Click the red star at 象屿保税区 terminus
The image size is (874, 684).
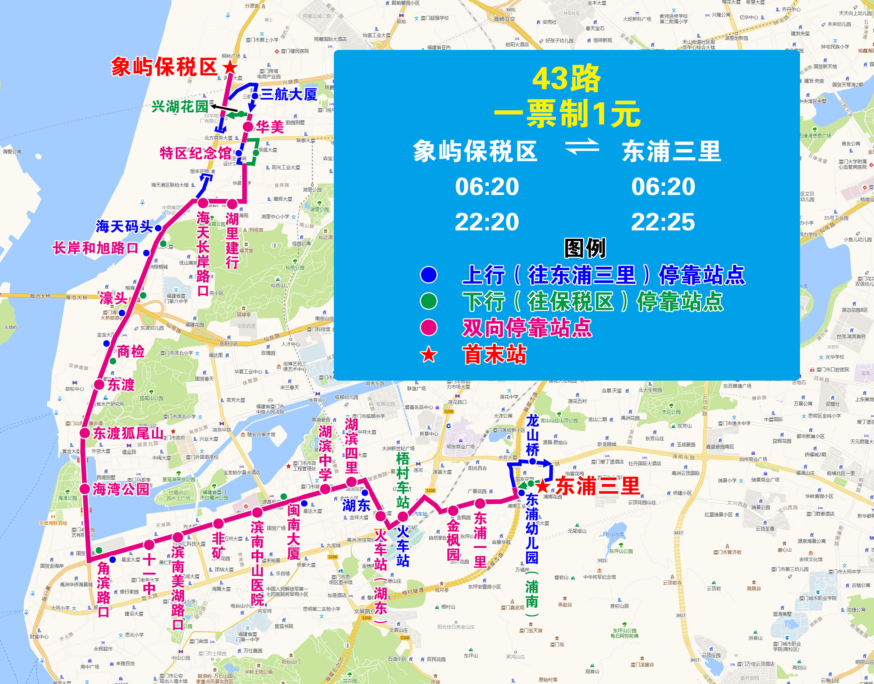point(230,67)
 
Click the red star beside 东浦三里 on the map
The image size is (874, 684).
point(543,486)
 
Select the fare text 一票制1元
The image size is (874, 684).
point(567,114)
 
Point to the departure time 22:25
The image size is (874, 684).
point(663,222)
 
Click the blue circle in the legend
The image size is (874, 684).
point(428,275)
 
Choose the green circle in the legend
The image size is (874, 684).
point(428,301)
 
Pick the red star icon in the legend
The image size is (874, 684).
point(428,354)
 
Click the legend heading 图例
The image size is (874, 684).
point(585,248)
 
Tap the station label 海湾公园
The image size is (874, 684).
point(121,489)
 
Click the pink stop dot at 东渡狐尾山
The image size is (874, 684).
point(84,433)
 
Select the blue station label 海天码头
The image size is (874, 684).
point(124,227)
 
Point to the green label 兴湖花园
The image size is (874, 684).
point(180,107)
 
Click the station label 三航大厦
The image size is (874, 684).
point(289,94)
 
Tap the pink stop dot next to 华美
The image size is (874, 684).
point(248,127)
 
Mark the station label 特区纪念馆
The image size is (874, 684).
point(195,153)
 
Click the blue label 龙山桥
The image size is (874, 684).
point(532,435)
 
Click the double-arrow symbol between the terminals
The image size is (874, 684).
point(582,146)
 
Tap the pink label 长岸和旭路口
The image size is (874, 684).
point(95,248)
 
